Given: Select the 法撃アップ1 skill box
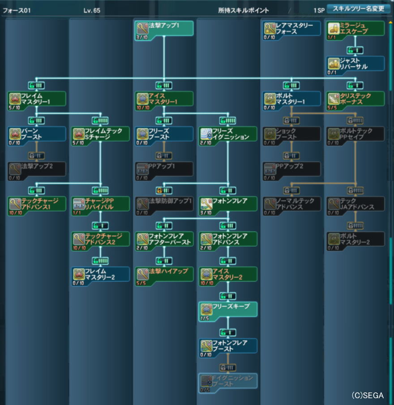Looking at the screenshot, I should coord(164,28).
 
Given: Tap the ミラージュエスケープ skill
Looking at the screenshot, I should coord(355,28).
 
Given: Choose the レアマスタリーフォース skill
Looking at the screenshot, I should coord(291,28).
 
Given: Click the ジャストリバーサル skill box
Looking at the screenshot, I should coord(355,63).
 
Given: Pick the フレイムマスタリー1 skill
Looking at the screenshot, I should coord(37,99).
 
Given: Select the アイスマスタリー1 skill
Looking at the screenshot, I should coord(164,99).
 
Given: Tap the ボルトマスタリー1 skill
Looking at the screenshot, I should coord(291,99).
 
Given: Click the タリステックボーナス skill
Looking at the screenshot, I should coord(355,99).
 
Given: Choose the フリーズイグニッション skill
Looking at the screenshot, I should coord(228,134).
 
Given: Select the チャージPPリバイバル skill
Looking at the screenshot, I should coord(100,204).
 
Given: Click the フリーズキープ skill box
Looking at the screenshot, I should coord(228,309).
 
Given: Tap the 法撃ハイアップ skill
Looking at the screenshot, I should coord(164,274).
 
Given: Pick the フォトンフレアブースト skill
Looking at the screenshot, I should coord(228,345).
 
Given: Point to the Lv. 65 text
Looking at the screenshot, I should coord(92,10).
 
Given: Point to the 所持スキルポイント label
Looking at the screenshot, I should coord(247,10).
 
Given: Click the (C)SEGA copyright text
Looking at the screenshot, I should coord(367,396).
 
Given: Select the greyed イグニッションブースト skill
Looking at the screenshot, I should coord(228,381).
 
